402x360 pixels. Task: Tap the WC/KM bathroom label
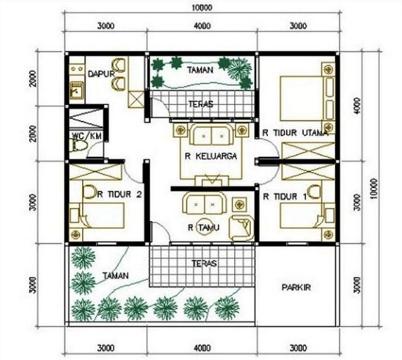point(87,136)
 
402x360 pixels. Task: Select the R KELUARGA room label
point(211,156)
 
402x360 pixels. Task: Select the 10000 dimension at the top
point(202,8)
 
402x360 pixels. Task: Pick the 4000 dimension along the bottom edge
point(202,347)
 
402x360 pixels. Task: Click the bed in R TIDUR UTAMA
point(304,97)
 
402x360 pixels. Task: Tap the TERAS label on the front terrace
point(202,263)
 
